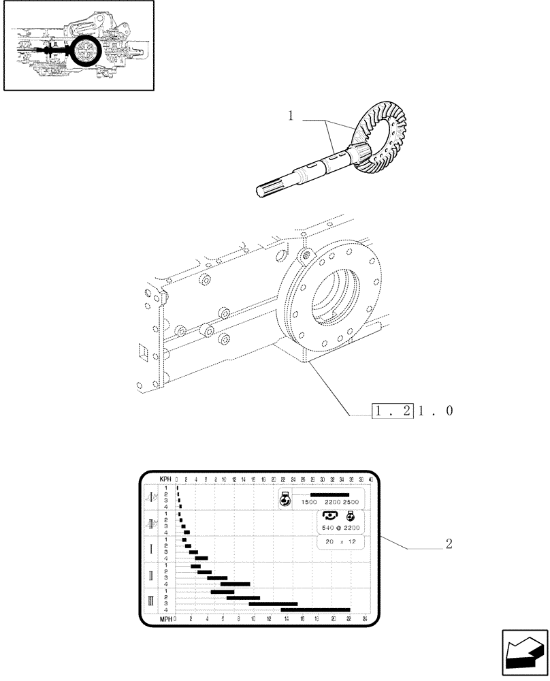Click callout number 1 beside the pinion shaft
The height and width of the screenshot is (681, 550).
pyautogui.click(x=291, y=116)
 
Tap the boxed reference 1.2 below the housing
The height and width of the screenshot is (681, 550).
pyautogui.click(x=393, y=411)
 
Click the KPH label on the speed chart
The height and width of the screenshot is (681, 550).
pyautogui.click(x=165, y=479)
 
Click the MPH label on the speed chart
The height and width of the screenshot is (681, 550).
pyautogui.click(x=166, y=619)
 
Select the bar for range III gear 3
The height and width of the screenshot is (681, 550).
pyautogui.click(x=273, y=603)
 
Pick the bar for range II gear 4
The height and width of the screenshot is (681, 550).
pyautogui.click(x=235, y=584)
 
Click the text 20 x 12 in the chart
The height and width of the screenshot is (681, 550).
pyautogui.click(x=340, y=541)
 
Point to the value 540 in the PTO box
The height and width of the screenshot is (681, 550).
pyautogui.click(x=326, y=528)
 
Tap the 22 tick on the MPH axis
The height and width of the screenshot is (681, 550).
pyautogui.click(x=349, y=619)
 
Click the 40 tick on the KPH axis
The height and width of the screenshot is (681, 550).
pyautogui.click(x=370, y=479)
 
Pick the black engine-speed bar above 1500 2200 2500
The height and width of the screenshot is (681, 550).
pyautogui.click(x=329, y=495)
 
